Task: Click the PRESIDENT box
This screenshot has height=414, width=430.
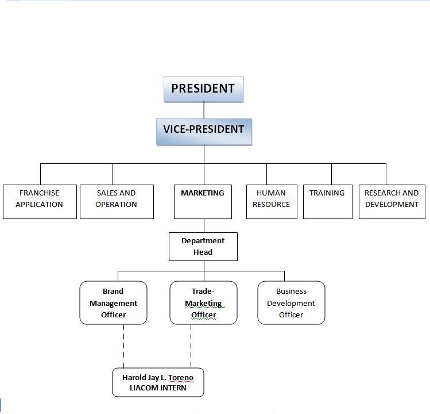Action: click(x=203, y=89)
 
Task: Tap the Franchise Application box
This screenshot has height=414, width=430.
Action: click(x=39, y=201)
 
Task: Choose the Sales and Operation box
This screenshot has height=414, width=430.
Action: click(x=117, y=201)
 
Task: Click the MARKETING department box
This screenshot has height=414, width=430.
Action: click(x=203, y=201)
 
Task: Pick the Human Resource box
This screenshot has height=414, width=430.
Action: click(x=272, y=201)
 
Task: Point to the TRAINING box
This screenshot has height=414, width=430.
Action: click(x=327, y=201)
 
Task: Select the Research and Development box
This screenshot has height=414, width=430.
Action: click(x=392, y=201)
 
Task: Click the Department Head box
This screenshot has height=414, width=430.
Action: click(x=203, y=246)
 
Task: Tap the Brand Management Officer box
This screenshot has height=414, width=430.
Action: click(x=113, y=303)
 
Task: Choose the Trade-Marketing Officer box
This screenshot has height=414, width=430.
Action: click(x=203, y=303)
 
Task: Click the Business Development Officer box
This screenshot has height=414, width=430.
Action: click(x=291, y=303)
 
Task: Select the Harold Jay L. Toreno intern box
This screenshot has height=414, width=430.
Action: click(x=158, y=382)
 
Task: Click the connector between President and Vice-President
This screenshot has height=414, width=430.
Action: click(x=204, y=110)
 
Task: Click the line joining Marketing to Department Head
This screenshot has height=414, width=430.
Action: click(x=204, y=225)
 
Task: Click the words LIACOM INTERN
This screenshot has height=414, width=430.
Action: click(x=158, y=388)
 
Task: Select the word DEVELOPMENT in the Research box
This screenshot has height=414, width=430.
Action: click(x=392, y=205)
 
